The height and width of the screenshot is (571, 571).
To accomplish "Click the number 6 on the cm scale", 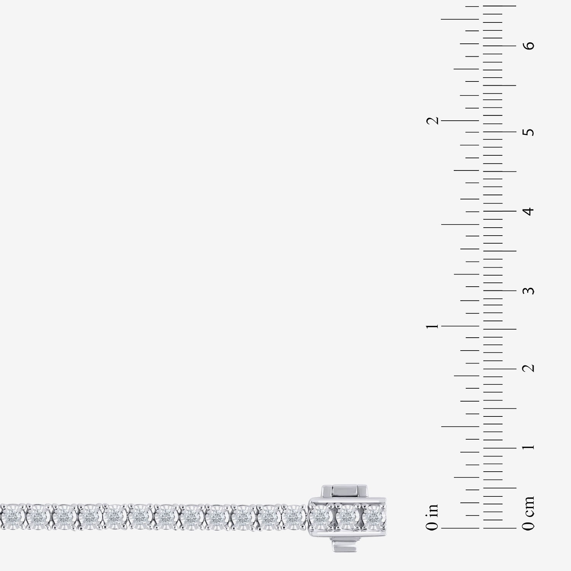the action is click(529, 46).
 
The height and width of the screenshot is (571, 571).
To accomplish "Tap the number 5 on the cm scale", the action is click(529, 132).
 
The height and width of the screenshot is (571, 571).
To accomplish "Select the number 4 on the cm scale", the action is click(529, 211).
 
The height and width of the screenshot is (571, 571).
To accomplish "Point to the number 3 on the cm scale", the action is click(529, 290).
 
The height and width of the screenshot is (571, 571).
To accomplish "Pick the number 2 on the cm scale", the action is click(529, 368).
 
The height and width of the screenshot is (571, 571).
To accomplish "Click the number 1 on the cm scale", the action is click(529, 447).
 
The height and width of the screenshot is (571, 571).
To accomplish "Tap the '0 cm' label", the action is click(529, 513).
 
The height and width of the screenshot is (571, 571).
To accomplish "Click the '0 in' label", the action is click(432, 517).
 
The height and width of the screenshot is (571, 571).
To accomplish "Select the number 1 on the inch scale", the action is click(432, 326).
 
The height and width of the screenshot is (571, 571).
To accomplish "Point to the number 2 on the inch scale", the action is click(432, 121).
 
